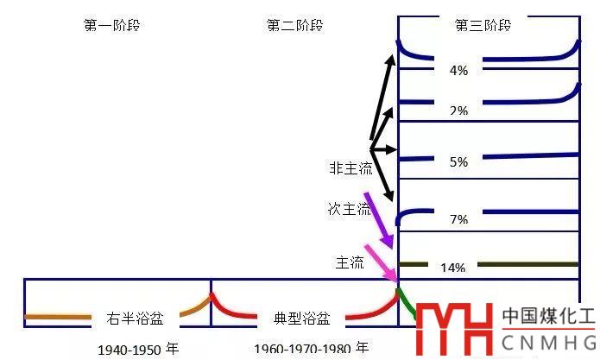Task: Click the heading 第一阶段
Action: (x=111, y=25)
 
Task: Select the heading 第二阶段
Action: (x=294, y=25)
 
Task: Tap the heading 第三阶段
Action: (x=483, y=25)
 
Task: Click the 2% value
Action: (x=458, y=111)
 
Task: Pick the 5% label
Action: (x=458, y=161)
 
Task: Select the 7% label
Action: (x=458, y=219)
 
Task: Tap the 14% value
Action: (x=453, y=268)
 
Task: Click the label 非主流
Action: (x=349, y=168)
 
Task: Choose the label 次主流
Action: (x=349, y=209)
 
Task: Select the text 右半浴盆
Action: (x=134, y=318)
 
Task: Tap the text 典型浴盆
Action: (x=301, y=318)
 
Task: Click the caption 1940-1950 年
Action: (x=138, y=350)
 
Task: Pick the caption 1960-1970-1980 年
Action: (x=311, y=349)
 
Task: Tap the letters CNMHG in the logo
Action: (x=548, y=341)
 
